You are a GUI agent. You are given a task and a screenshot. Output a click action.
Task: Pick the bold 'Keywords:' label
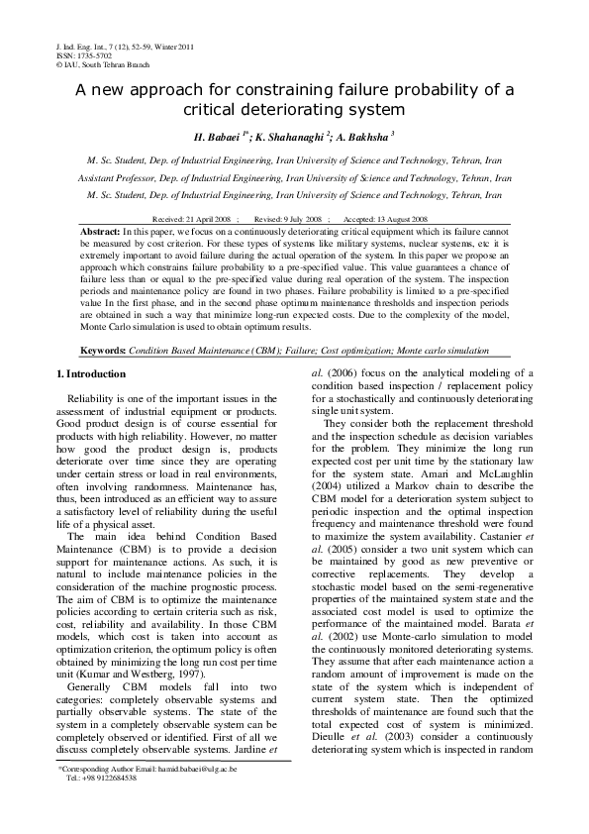(x=102, y=351)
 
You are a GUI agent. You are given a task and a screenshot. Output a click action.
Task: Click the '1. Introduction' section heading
(x=90, y=374)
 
